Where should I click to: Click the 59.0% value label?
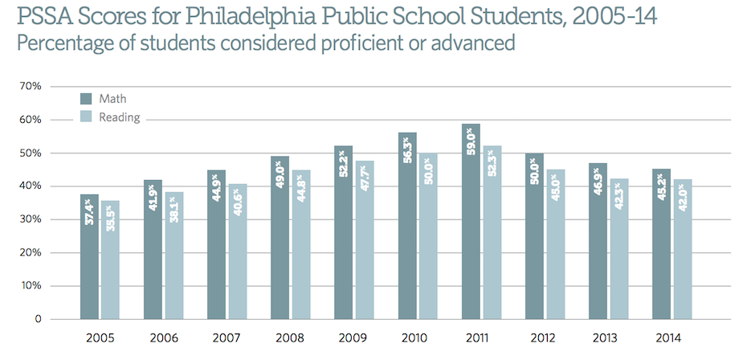click(471, 149)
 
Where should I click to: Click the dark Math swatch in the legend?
click(86, 99)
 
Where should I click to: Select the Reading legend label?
click(119, 117)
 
